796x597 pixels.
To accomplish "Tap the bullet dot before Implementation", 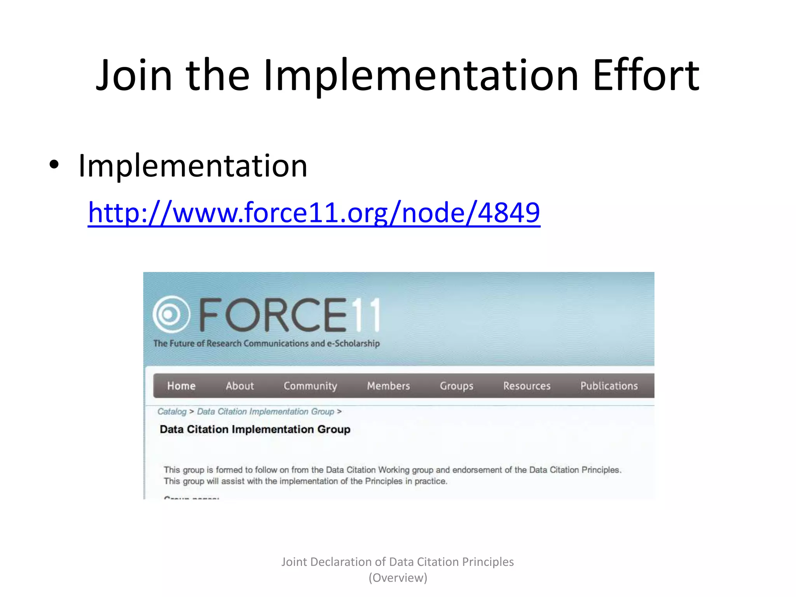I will click(x=54, y=165).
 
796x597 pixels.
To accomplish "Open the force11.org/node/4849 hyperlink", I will click(x=314, y=213).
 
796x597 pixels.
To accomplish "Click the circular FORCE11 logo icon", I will click(x=171, y=314).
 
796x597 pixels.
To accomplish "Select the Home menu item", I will click(x=181, y=386).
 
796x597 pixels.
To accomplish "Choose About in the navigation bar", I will click(x=240, y=386).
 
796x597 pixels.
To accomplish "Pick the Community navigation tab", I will click(x=310, y=386).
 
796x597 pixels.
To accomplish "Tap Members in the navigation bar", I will click(x=388, y=386).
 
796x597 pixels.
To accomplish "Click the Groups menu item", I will click(x=456, y=386).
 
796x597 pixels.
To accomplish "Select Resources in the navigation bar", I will click(x=527, y=386).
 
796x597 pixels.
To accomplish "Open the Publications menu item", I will click(x=609, y=386).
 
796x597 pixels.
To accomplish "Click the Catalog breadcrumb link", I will click(x=172, y=412).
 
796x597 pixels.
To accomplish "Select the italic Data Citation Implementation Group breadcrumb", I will click(x=265, y=412).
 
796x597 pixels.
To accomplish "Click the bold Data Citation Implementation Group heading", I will click(x=255, y=429).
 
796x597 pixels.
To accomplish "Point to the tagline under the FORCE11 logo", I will click(x=266, y=344).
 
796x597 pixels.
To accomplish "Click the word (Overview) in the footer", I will click(x=398, y=578).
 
